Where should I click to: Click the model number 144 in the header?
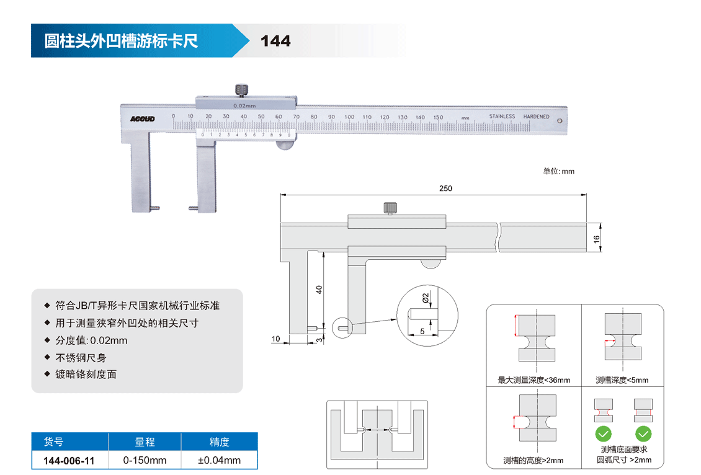(275, 41)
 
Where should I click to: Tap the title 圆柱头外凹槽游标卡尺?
(121, 41)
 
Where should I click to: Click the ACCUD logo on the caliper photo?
(142, 118)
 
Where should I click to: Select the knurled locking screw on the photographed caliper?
(241, 90)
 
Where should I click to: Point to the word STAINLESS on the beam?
(502, 117)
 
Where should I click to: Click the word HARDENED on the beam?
(536, 117)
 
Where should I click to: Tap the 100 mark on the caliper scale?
(349, 117)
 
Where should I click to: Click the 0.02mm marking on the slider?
(244, 105)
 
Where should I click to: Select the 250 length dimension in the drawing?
(445, 189)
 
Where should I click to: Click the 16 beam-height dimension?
(596, 238)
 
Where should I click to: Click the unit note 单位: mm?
(558, 171)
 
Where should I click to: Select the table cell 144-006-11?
(69, 460)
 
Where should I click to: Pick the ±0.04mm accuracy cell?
(219, 460)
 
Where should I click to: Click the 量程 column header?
(145, 442)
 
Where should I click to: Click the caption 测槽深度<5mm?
(622, 380)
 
